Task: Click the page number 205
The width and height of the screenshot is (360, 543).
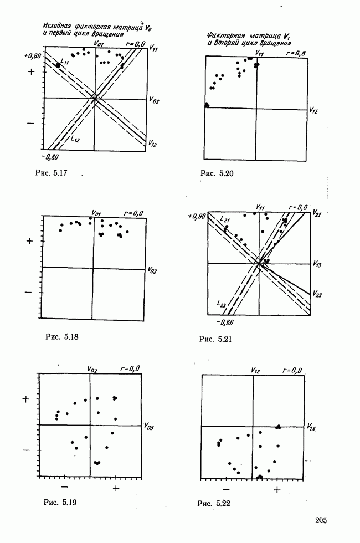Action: click(x=322, y=519)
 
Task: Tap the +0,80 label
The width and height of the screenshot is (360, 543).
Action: click(x=33, y=56)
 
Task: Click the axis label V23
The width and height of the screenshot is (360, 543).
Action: click(x=317, y=293)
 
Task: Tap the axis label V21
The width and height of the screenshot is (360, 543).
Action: click(x=316, y=212)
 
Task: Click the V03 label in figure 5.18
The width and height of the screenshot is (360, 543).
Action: click(x=153, y=271)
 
